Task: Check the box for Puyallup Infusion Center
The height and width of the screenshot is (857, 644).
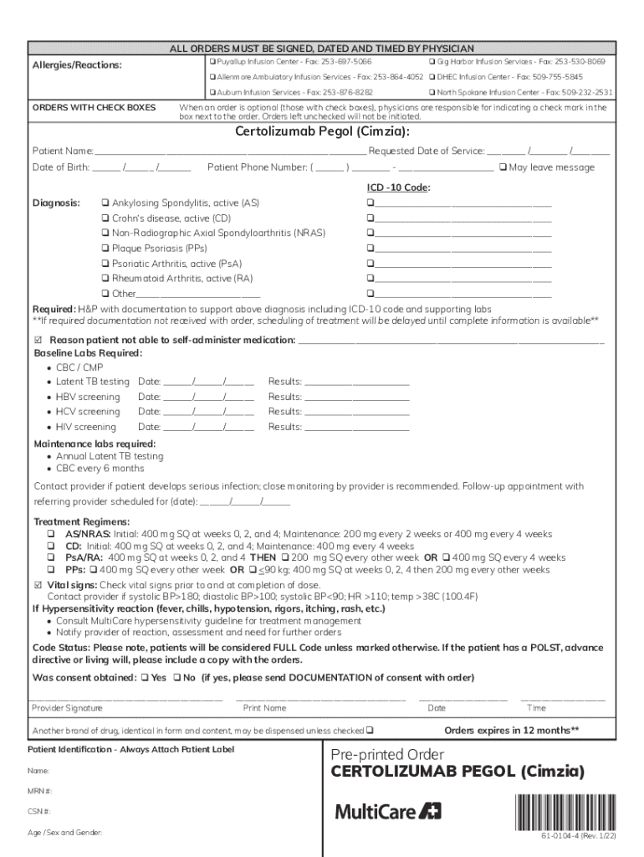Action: pyautogui.click(x=212, y=63)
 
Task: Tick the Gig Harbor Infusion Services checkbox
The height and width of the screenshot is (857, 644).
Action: pyautogui.click(x=432, y=63)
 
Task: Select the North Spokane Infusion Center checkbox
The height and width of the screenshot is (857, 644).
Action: pyautogui.click(x=432, y=92)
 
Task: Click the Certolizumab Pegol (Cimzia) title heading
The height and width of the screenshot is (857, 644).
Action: pyautogui.click(x=322, y=131)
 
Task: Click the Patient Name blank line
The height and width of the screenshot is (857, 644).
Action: pyautogui.click(x=230, y=151)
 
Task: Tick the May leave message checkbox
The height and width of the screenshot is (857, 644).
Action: pyautogui.click(x=502, y=167)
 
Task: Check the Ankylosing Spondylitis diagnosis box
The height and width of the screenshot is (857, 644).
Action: pyautogui.click(x=105, y=203)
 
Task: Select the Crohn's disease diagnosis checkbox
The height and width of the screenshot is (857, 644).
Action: pyautogui.click(x=105, y=218)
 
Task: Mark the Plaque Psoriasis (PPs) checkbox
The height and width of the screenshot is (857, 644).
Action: pyautogui.click(x=105, y=249)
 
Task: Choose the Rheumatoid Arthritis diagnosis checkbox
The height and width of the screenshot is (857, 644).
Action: pyautogui.click(x=105, y=279)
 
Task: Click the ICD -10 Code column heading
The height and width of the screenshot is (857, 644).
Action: pyautogui.click(x=399, y=187)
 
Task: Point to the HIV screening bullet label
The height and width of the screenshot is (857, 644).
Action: pyautogui.click(x=85, y=427)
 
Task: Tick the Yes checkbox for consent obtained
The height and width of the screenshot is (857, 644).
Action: pyautogui.click(x=145, y=677)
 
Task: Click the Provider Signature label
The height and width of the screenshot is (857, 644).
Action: pyautogui.click(x=67, y=708)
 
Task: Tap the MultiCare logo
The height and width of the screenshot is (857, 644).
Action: pyautogui.click(x=388, y=810)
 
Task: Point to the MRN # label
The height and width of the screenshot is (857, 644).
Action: pyautogui.click(x=40, y=791)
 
